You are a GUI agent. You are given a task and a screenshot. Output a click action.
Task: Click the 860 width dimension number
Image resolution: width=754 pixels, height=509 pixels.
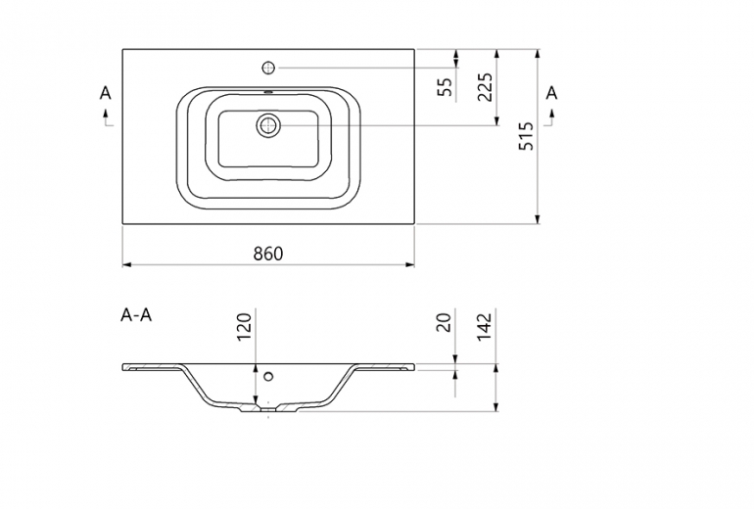pyautogui.click(x=268, y=254)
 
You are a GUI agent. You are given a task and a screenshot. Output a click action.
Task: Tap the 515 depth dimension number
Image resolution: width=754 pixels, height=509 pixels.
pyautogui.click(x=527, y=136)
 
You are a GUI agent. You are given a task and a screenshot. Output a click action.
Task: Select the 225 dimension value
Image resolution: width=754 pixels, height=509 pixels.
pyautogui.click(x=485, y=87)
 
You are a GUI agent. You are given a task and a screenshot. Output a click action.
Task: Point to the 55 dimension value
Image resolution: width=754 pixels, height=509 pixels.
pyautogui.click(x=446, y=87)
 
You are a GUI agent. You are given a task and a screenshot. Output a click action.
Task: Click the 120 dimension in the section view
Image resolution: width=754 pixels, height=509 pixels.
pyautogui.click(x=244, y=327)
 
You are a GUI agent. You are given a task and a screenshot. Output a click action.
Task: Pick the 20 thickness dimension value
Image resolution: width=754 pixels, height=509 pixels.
pyautogui.click(x=446, y=322)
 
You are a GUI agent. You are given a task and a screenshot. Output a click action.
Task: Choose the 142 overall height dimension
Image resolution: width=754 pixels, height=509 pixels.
pyautogui.click(x=485, y=327)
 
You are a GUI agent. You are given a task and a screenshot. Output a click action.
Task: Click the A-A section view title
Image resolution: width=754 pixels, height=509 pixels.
pyautogui.click(x=136, y=315)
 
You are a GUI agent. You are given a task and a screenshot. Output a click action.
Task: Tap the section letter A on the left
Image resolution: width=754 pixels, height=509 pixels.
pyautogui.click(x=106, y=93)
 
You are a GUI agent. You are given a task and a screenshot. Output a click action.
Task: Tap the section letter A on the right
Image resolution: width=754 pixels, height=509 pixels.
pyautogui.click(x=551, y=93)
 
